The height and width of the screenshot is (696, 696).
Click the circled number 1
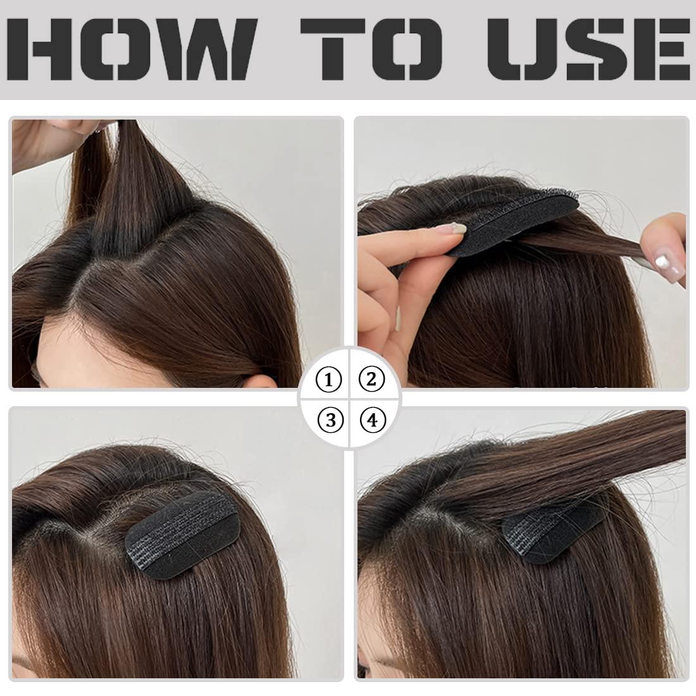click(329, 380)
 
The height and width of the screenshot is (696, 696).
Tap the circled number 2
click(372, 380)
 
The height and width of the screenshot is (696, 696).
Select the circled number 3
click(330, 420)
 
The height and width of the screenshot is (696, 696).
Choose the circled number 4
click(372, 420)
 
